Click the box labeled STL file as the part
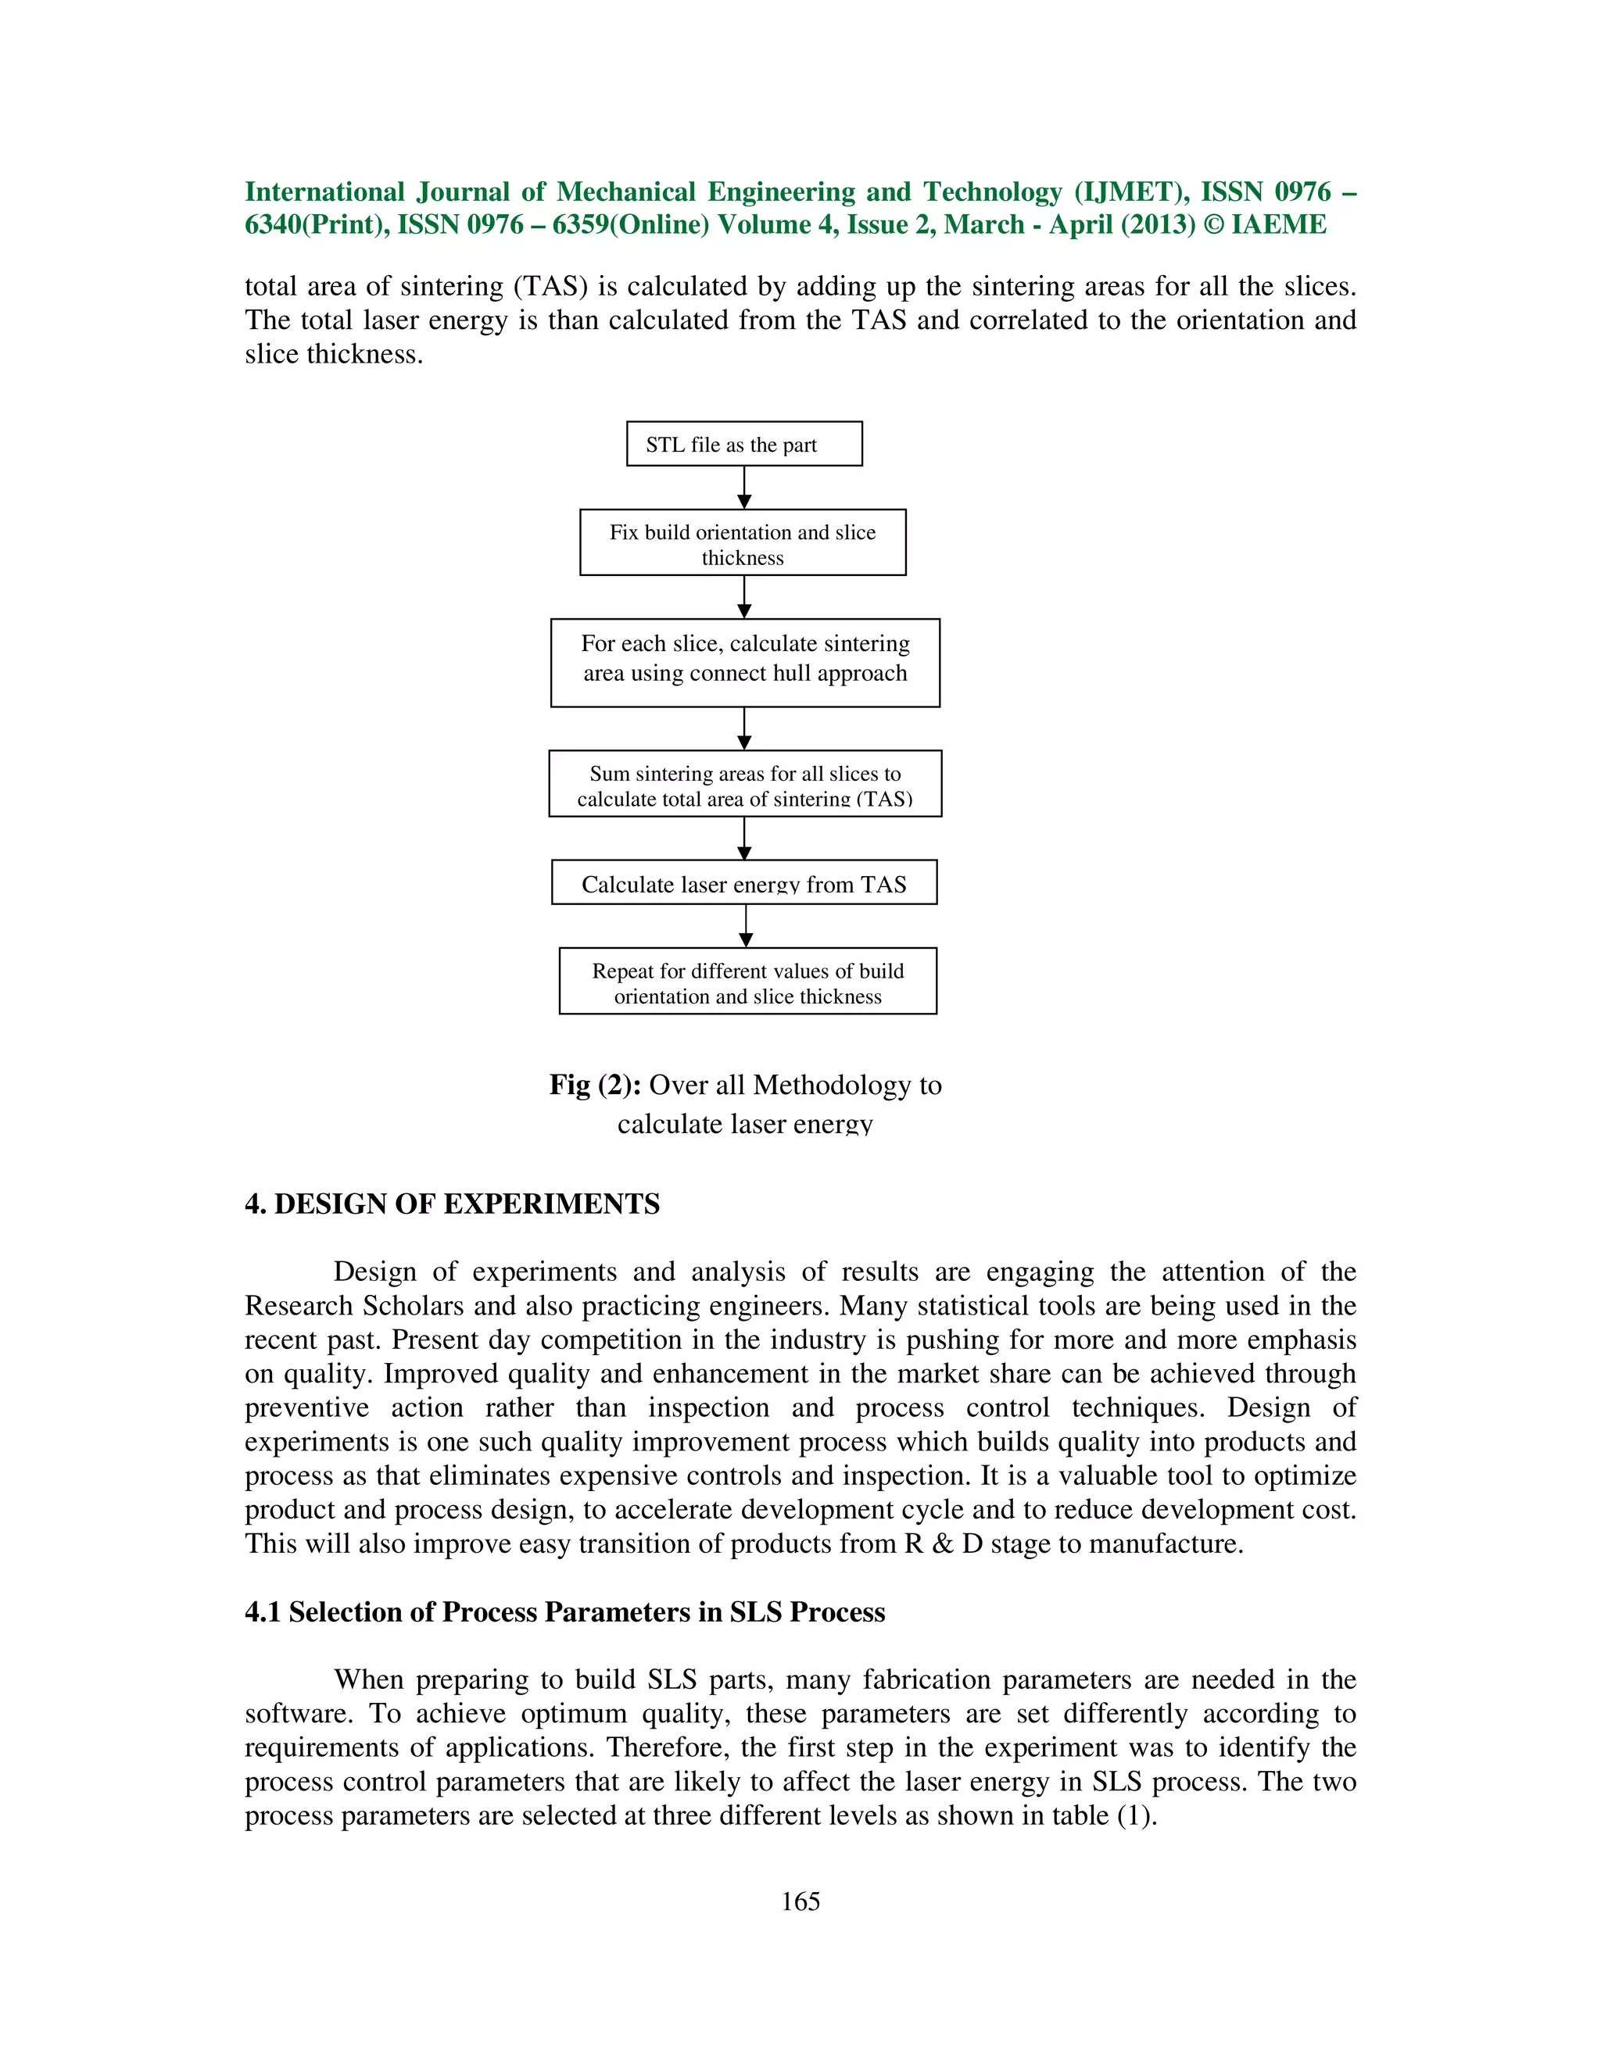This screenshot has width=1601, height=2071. [743, 444]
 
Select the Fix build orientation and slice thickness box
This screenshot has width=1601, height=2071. [743, 543]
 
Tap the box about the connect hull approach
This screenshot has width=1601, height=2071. [744, 663]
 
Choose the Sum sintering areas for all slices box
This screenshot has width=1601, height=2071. [744, 784]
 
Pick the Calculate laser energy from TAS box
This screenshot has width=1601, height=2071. [743, 883]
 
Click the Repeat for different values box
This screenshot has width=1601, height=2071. [747, 982]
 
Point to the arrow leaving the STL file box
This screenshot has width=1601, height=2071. [744, 488]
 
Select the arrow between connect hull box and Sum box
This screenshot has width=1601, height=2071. [744, 729]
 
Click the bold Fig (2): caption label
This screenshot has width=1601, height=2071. [595, 1085]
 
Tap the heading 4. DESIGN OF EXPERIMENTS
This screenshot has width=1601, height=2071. [452, 1204]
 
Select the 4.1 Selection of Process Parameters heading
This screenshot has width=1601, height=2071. [564, 1612]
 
